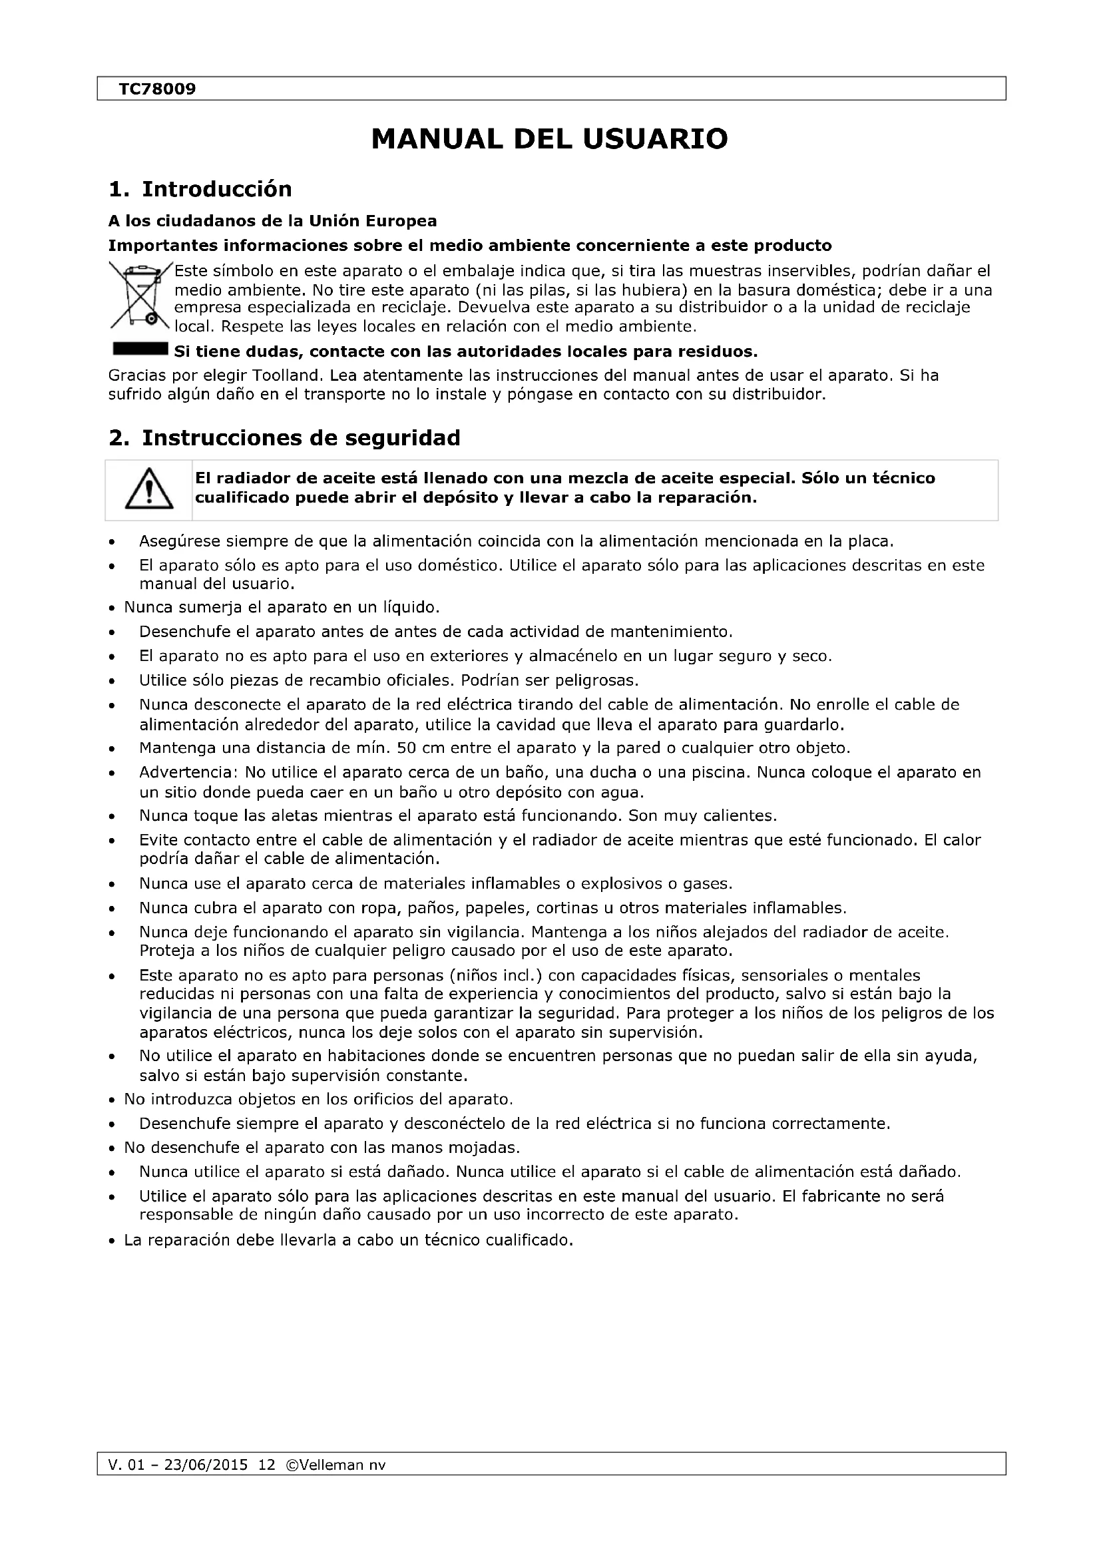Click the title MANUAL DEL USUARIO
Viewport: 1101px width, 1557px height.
click(x=550, y=139)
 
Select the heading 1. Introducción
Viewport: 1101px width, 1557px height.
click(x=200, y=188)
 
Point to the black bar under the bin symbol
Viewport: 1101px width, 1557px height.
click(x=140, y=349)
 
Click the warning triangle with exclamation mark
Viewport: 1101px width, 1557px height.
click(x=149, y=491)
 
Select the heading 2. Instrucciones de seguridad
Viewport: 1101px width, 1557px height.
click(x=285, y=437)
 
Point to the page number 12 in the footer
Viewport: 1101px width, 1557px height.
click(x=266, y=1464)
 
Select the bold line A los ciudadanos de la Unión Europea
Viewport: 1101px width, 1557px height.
click(x=272, y=221)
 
